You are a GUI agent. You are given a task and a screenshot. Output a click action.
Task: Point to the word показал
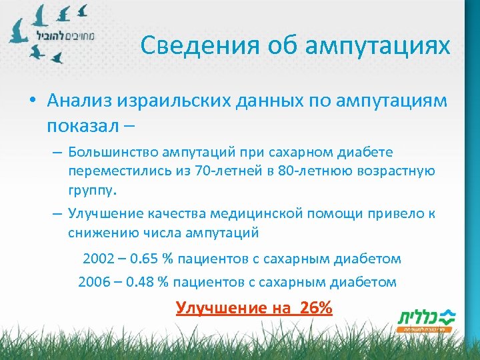(81, 125)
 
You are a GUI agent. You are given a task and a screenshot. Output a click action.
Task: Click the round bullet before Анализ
(32, 101)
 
